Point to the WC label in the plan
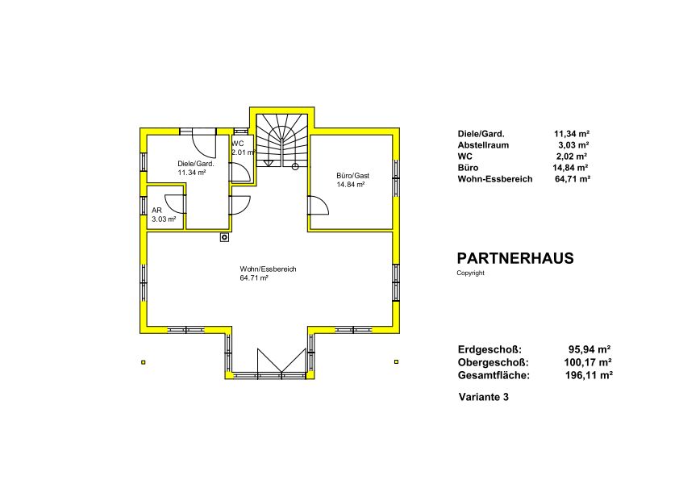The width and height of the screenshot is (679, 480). point(238,144)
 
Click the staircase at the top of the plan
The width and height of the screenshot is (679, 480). point(282,140)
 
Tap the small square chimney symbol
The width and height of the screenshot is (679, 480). point(224,237)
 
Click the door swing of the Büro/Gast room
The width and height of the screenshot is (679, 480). point(319,206)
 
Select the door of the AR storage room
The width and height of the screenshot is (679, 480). point(175,203)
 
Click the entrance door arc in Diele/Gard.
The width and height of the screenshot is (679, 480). point(204,144)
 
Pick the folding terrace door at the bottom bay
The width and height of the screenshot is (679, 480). point(282,360)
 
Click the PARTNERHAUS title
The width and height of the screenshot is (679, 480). point(515,258)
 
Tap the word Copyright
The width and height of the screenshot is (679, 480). point(470,273)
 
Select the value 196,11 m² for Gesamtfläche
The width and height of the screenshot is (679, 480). point(589,375)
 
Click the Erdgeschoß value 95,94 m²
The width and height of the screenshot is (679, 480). point(589,349)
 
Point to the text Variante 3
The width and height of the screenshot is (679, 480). point(484,397)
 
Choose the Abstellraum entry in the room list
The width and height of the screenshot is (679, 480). point(483,145)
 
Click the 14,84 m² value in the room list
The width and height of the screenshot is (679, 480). point(571,168)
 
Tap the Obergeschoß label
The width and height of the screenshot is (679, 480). point(494,362)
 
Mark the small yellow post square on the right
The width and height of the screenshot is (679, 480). point(396,361)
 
